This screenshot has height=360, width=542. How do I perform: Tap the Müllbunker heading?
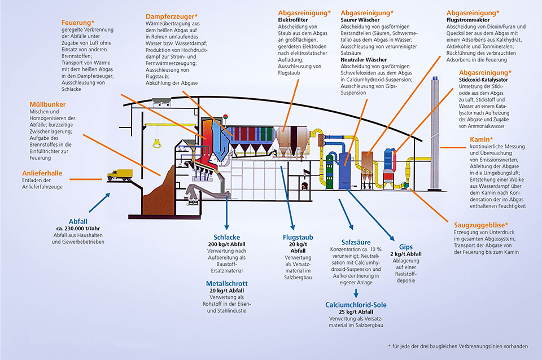point(48,105)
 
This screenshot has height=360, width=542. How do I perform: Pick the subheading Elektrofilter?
point(292,19)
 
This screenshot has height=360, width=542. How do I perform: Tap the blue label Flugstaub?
point(298,238)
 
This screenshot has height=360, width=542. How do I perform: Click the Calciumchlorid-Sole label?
point(356,305)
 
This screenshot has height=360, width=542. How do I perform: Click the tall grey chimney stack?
point(435,113)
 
